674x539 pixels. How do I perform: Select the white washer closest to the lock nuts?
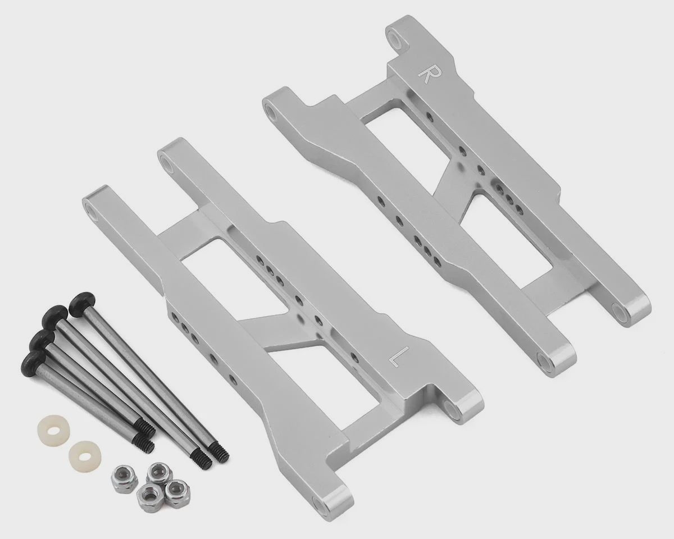(83, 456)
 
